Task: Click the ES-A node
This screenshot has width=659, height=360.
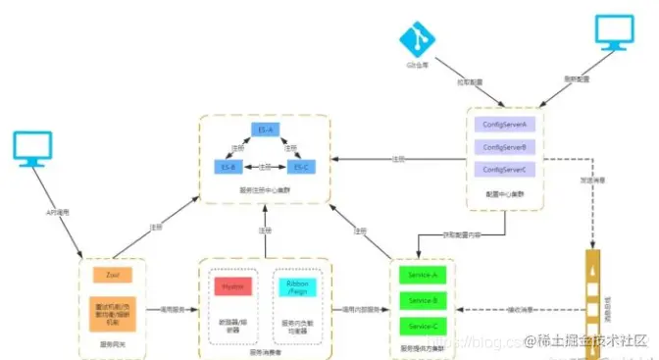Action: [264, 129]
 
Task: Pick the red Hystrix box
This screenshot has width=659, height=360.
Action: [233, 285]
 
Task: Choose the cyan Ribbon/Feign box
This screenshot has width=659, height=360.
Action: [294, 285]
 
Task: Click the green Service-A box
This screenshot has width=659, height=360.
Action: [423, 275]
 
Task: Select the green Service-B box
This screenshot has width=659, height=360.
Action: [423, 299]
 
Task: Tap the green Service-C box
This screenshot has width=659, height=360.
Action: [423, 324]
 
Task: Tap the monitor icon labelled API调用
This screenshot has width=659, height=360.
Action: [34, 150]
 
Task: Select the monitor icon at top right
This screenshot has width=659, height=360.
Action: [616, 31]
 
